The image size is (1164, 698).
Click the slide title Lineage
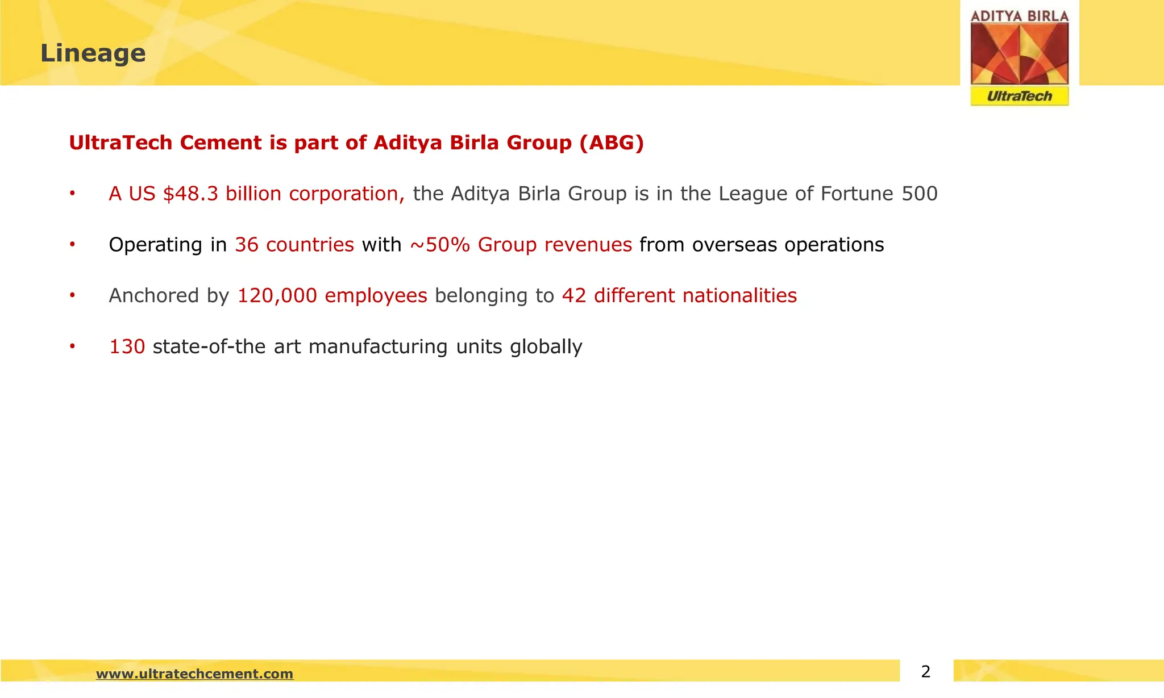[x=93, y=53]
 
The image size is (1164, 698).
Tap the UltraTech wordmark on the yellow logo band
[x=1020, y=96]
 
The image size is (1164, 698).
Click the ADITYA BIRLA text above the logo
[x=1020, y=16]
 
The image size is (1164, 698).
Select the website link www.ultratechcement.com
[x=194, y=674]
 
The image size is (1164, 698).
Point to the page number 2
[x=926, y=672]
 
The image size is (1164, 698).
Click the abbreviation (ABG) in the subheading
[x=612, y=143]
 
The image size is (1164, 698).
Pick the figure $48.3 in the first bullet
[x=190, y=194]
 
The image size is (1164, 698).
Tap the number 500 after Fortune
[x=920, y=194]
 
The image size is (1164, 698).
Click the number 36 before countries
[x=247, y=245]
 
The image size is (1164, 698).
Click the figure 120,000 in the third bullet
[x=277, y=296]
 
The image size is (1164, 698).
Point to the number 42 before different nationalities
[x=574, y=296]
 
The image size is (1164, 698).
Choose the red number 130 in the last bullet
[x=127, y=346]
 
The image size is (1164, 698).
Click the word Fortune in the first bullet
[x=857, y=194]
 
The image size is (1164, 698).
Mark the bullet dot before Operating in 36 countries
[x=72, y=245]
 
